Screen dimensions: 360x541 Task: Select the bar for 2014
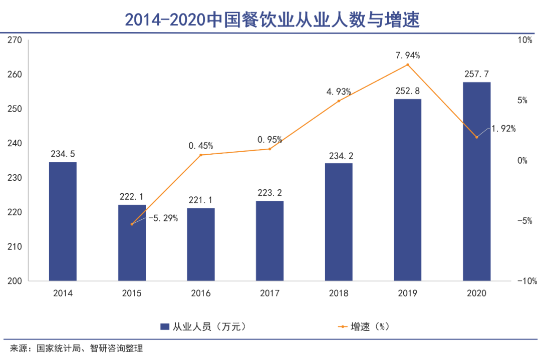coord(63,221)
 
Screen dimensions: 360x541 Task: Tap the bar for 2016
coord(201,244)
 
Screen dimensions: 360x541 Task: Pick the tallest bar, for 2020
coord(476,181)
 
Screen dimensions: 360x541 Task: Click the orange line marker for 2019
coord(408,65)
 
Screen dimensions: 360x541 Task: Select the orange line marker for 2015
coord(132,224)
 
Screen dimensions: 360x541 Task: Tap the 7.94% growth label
coord(407,55)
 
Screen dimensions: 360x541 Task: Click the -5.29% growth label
coord(163,218)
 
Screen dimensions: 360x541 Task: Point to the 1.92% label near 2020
coord(503,129)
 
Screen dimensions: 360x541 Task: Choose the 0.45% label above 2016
coord(201,146)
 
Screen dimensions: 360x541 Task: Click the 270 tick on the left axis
coord(15,40)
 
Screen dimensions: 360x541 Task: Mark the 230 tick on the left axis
coord(15,178)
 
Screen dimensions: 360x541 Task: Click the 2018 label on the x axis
coord(339,294)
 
